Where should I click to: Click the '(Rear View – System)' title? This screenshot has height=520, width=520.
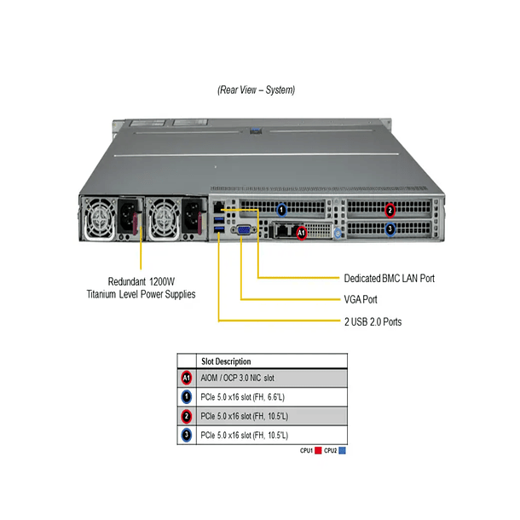coord(245,90)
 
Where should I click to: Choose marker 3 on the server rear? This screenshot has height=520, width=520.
coord(390,228)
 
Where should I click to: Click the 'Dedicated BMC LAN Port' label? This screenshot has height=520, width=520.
coord(389,278)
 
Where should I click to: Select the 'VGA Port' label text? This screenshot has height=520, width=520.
coord(361,299)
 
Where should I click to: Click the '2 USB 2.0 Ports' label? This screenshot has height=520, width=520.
coord(373,322)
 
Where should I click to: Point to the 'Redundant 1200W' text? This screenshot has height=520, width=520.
coord(141,280)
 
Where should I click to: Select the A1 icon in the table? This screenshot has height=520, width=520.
coord(187,378)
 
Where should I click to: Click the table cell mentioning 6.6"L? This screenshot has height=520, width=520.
coord(245,397)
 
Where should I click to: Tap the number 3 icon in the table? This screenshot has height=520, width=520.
coord(187,436)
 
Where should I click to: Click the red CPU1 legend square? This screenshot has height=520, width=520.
coord(318,449)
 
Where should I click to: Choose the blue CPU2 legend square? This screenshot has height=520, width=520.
coord(343,449)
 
